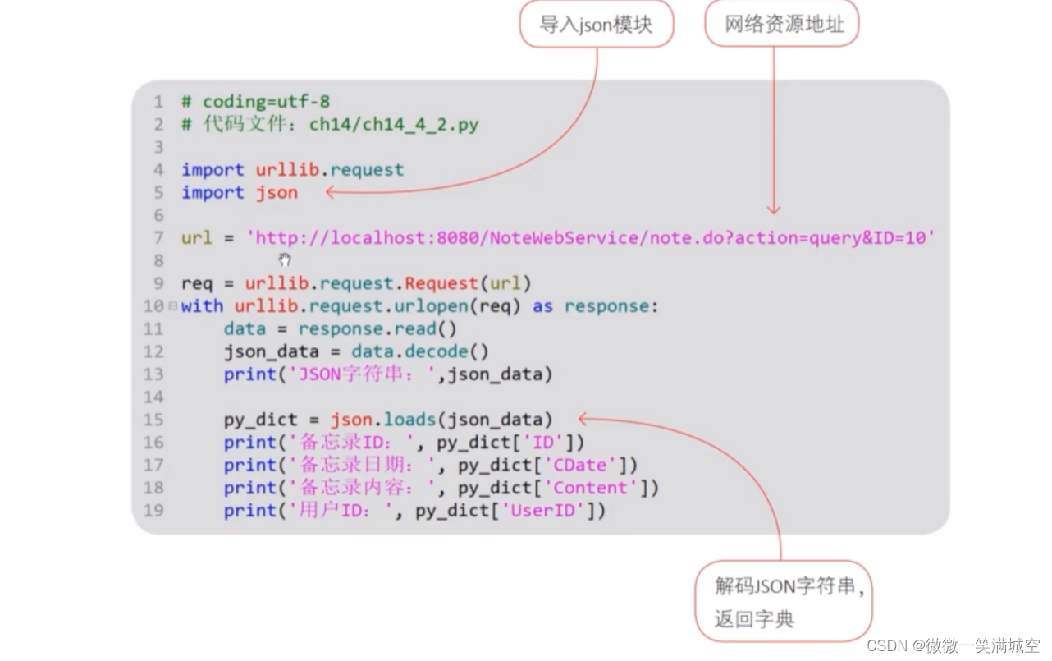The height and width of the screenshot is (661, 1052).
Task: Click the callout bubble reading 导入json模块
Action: coord(596,25)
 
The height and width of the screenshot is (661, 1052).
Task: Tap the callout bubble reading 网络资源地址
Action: coord(783,25)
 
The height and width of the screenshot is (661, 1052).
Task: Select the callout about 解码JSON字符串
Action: coord(784,601)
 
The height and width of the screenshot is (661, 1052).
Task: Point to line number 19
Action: coord(153,511)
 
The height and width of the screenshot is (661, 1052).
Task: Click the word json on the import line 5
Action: coord(277,193)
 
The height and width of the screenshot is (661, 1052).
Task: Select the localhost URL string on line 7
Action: coord(591,238)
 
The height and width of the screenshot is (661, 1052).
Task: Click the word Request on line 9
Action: coord(441,284)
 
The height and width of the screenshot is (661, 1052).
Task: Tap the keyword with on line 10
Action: coord(202,306)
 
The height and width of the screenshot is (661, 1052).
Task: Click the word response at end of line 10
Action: coord(606,306)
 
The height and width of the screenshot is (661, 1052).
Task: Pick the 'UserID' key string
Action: coord(547,511)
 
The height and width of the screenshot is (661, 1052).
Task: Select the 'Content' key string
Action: coord(590,488)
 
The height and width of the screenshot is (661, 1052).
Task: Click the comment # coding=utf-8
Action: coord(255,102)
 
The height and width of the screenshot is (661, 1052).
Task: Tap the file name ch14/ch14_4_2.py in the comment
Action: coord(393,125)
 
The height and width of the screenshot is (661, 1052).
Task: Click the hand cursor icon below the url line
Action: coord(285,260)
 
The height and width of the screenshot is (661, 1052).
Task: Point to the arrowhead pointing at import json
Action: coord(330,193)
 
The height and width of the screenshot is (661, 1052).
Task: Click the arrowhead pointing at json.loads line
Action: coord(583,419)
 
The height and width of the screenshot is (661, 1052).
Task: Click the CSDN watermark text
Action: coord(952,645)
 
